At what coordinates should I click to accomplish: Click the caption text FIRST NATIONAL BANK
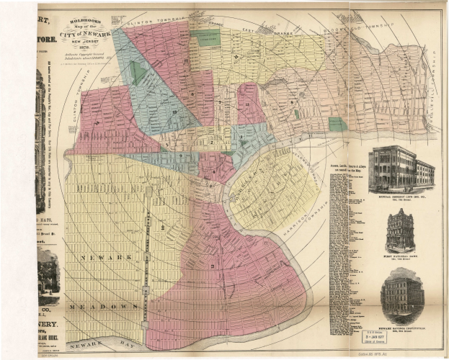coord(401,258)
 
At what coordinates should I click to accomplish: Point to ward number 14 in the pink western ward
coord(95,122)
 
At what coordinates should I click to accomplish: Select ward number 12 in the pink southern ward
coord(213,266)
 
